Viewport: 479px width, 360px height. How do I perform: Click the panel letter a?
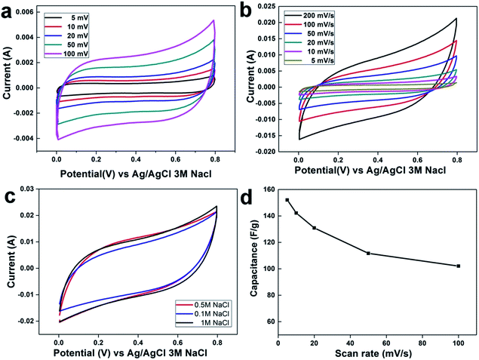click(10, 9)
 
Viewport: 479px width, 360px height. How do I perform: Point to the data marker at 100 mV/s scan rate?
click(458, 266)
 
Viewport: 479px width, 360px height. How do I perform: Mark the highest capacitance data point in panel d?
click(287, 200)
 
